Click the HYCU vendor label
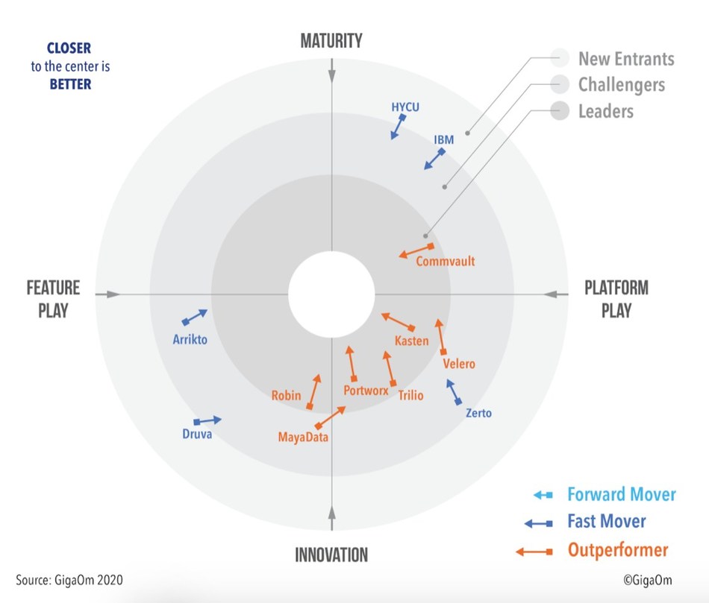(405, 107)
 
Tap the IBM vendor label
(443, 139)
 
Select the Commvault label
(445, 262)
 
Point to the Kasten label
(411, 341)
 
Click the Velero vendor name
(458, 364)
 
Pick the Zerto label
(478, 413)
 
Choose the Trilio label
(410, 395)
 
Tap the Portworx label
(366, 390)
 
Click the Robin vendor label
(286, 395)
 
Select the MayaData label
(303, 437)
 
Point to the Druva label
(197, 435)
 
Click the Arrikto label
(190, 340)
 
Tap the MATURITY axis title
(331, 40)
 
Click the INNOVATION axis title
(331, 555)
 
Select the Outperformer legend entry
(617, 551)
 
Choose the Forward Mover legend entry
(621, 494)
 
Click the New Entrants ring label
(625, 58)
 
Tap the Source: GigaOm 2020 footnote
(69, 579)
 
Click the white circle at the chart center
(331, 294)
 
